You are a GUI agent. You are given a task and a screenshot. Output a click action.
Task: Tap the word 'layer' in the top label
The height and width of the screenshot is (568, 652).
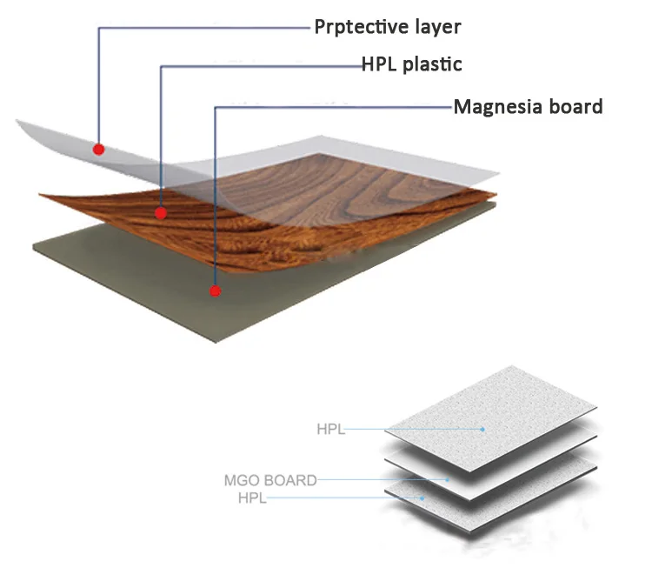point(436,27)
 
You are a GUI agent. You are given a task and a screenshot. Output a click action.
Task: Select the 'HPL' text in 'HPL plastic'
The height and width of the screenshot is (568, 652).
point(381,64)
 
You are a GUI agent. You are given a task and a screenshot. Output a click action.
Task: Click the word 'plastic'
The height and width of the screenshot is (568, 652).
point(433,64)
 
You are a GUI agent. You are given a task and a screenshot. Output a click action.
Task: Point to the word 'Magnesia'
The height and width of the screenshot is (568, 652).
point(497,107)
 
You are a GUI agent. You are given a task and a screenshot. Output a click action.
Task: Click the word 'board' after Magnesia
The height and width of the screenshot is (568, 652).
point(575,107)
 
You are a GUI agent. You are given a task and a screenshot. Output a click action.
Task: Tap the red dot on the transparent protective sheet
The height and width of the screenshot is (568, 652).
point(99,149)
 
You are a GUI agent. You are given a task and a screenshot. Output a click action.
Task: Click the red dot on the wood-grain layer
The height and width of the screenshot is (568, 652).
point(161,212)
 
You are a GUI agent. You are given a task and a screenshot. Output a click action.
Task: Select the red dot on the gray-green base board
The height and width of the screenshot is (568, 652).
point(216,291)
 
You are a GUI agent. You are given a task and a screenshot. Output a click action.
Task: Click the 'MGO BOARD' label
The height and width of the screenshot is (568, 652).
point(269,479)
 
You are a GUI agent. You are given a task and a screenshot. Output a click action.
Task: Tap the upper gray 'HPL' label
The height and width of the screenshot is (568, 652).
point(331,429)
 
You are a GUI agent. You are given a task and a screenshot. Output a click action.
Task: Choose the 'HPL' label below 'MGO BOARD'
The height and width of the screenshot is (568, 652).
point(252,498)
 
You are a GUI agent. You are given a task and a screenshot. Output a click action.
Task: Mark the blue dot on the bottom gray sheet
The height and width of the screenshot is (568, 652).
point(422,498)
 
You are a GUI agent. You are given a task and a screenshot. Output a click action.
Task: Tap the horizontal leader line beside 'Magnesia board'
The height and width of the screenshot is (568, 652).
point(330,108)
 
